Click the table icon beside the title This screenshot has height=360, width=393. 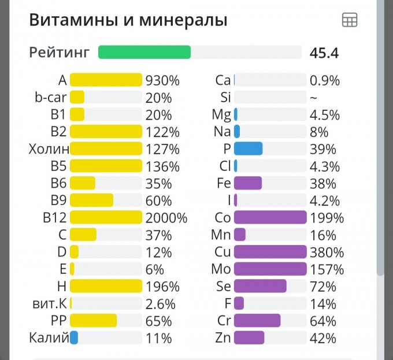click(350, 20)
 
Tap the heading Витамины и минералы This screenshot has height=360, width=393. click(128, 20)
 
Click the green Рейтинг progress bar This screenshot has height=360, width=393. click(144, 53)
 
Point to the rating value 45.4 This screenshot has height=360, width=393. click(324, 53)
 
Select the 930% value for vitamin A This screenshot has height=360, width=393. click(162, 80)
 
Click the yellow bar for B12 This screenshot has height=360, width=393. click(106, 218)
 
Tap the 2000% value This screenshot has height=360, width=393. click(166, 218)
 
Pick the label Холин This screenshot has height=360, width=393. click(49, 149)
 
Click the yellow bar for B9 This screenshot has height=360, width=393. click(91, 201)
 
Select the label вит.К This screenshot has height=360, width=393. click(49, 303)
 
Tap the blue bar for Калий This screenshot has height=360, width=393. click(74, 337)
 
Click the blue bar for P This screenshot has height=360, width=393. click(249, 149)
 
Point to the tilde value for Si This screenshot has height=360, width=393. click(313, 98)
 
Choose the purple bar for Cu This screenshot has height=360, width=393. click(270, 252)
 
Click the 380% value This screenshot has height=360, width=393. click(327, 253)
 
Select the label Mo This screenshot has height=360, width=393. click(222, 269)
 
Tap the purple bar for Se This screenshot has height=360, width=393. click(260, 286)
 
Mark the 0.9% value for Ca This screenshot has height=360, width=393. click(324, 80)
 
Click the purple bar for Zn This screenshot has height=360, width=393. click(249, 337)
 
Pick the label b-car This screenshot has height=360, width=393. click(50, 98)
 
